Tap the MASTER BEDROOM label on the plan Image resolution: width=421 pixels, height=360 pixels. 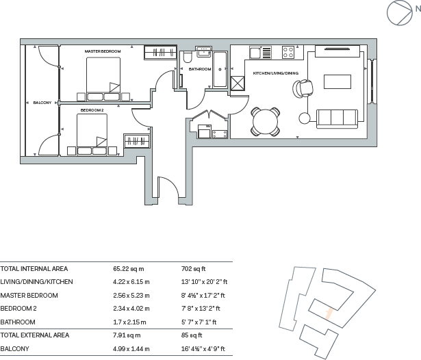[103, 52]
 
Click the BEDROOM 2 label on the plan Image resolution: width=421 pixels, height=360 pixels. [92, 110]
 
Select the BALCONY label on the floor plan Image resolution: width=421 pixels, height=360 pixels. [42, 103]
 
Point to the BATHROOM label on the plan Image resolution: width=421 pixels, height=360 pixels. [200, 69]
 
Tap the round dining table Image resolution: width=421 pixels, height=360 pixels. [266, 123]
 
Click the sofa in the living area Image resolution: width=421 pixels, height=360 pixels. [337, 118]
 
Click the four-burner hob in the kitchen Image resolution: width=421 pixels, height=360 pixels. [288, 52]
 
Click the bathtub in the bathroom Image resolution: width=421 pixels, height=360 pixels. [220, 70]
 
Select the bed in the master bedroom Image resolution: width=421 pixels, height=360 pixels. [103, 77]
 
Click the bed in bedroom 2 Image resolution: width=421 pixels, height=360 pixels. [92, 133]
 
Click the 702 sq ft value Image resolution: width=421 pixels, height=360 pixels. [189, 269]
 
